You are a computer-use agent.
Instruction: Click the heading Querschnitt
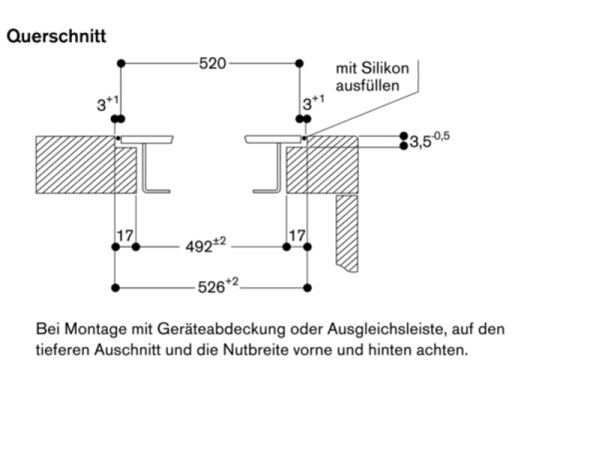pos(55,36)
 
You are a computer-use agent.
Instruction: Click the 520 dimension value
pos(212,64)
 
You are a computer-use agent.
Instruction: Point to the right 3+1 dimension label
pos(313,103)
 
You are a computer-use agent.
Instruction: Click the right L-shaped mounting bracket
pos(273,172)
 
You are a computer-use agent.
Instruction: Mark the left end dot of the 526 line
pos(115,287)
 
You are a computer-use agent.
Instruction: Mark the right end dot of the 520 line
pos(299,64)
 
